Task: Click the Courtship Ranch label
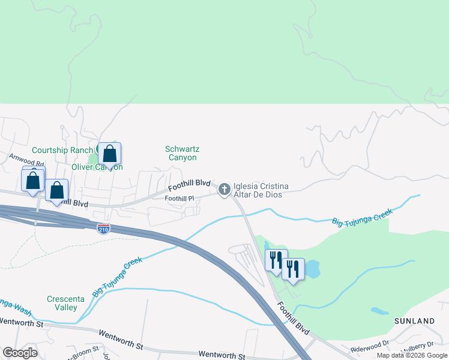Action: point(62,150)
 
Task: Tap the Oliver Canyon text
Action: point(97,167)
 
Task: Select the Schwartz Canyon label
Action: point(181,153)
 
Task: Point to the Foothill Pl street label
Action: point(179,199)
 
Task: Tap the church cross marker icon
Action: point(224,190)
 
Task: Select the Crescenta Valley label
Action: point(62,303)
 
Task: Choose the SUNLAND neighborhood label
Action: point(414,322)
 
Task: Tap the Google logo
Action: point(20,353)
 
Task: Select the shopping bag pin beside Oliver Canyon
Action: point(110,154)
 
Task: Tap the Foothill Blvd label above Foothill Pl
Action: point(189,185)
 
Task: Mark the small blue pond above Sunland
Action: point(380,311)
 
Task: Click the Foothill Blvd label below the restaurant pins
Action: point(294,318)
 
